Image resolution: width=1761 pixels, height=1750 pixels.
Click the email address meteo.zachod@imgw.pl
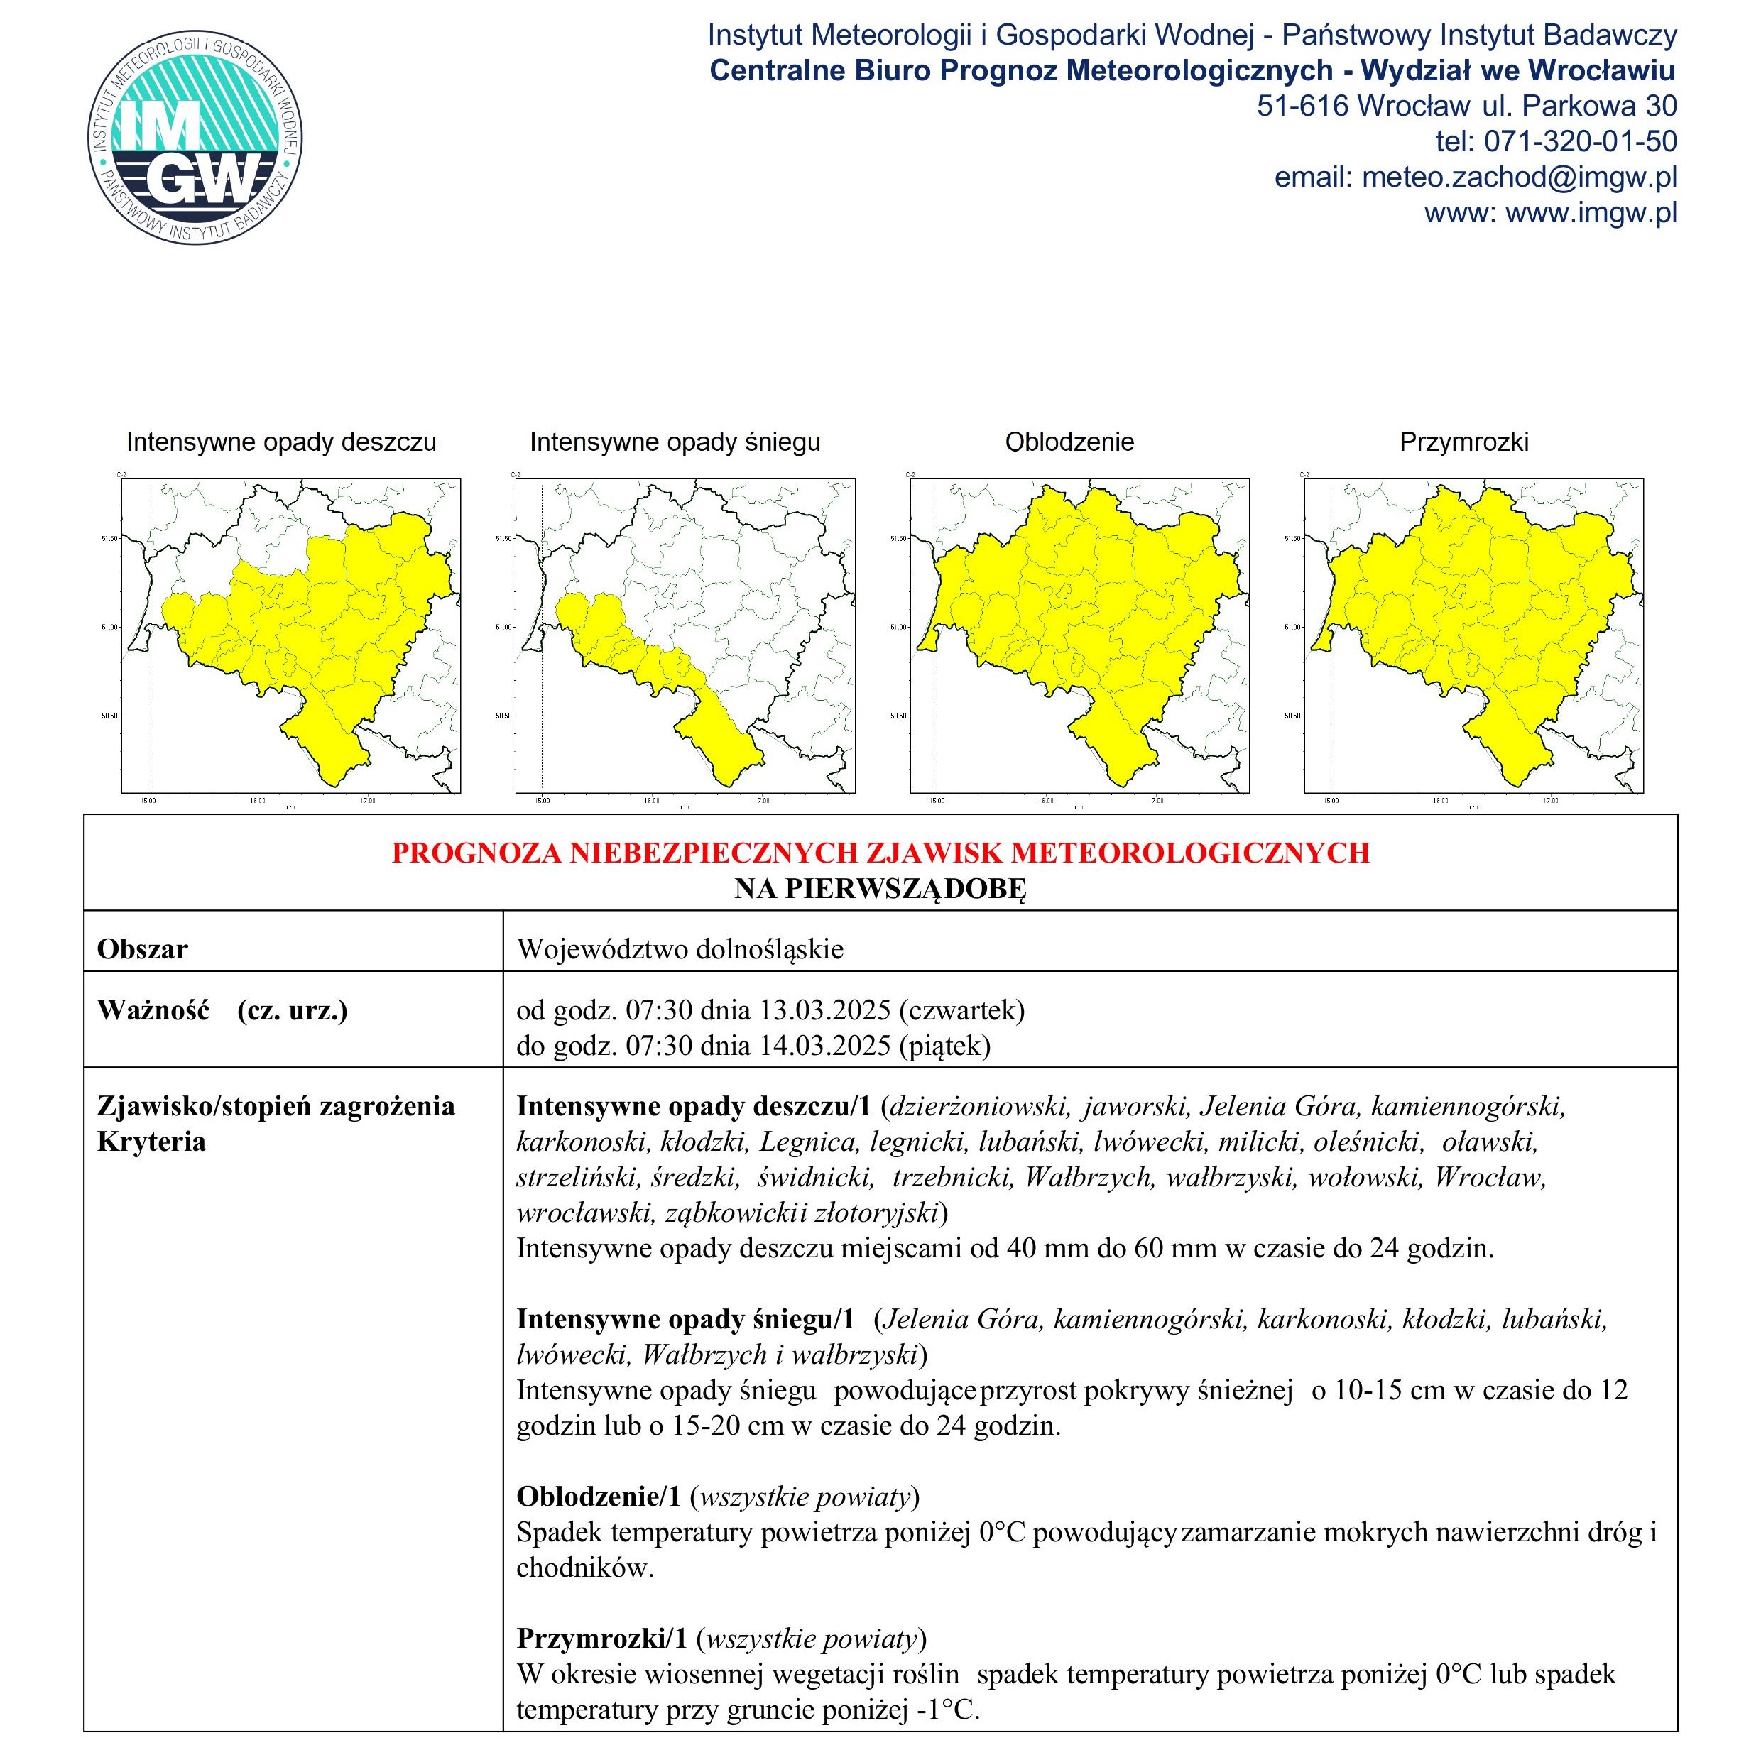pos(1519,177)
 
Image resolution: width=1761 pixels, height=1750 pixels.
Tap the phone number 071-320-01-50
pos(1581,141)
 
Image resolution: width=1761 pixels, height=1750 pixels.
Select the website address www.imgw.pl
pos(1591,212)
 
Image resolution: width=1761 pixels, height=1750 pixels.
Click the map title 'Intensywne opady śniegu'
pos(675,443)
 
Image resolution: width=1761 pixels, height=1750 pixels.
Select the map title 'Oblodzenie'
pos(1069,443)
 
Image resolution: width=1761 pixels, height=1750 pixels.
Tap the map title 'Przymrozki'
pos(1464,443)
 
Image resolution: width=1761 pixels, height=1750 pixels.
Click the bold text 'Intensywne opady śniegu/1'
pos(685,1319)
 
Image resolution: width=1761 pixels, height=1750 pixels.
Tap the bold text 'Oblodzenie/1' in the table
pos(599,1497)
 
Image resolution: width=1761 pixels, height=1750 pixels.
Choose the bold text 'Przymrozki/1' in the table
pos(601,1639)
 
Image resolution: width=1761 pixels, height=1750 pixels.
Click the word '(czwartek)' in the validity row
pos(961,1010)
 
